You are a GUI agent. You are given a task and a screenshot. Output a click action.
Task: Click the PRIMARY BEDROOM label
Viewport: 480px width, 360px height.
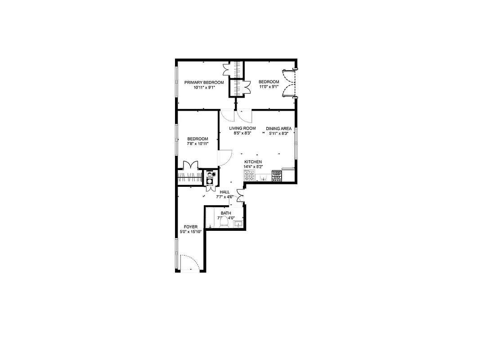(204, 82)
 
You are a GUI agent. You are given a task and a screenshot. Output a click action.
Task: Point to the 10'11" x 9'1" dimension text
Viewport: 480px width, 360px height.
(204, 88)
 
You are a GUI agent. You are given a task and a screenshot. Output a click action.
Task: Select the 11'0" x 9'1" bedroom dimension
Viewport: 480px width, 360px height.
(269, 87)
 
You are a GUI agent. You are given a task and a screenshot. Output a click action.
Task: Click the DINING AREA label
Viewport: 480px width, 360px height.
(278, 128)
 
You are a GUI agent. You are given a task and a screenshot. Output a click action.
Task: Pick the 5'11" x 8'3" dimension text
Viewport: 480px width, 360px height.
(278, 133)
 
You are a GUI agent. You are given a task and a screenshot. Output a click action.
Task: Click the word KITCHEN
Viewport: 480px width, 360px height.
(253, 162)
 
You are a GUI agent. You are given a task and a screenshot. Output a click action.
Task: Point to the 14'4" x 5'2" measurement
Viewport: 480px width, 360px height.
(253, 167)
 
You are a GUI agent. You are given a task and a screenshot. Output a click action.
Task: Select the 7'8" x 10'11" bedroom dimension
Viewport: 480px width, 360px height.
(197, 144)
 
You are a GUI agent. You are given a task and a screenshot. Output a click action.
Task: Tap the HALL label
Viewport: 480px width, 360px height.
(224, 192)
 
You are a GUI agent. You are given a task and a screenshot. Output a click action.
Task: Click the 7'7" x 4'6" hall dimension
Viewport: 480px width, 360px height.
(224, 197)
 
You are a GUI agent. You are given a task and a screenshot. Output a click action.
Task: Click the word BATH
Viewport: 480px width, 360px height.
(225, 213)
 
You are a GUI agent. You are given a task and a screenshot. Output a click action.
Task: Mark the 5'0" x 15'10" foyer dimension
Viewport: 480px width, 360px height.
(191, 232)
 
